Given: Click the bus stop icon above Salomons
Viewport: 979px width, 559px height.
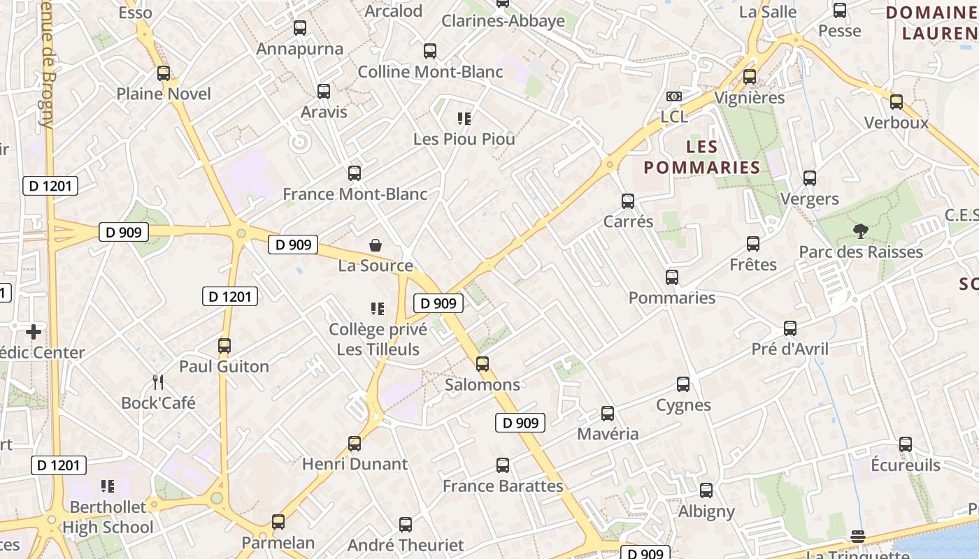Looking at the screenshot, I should (482, 364).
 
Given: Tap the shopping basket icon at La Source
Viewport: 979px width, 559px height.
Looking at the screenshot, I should (376, 245).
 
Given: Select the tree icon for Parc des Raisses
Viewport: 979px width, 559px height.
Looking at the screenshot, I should (860, 231).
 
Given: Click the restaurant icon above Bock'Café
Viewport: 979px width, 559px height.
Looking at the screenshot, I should (158, 382).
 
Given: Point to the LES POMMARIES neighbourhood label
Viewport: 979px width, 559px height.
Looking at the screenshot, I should (701, 157).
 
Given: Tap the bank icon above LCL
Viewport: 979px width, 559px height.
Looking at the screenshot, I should (674, 96).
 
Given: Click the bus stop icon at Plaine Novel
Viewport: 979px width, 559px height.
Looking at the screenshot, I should (164, 73).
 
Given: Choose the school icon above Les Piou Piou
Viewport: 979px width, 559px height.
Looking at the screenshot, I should (464, 118).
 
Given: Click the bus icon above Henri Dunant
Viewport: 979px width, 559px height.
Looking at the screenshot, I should (355, 444).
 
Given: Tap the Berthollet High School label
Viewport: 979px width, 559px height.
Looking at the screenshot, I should (108, 517).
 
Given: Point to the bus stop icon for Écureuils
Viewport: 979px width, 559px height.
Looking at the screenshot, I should (906, 444).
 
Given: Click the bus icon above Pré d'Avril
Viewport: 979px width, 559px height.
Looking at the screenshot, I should (790, 328).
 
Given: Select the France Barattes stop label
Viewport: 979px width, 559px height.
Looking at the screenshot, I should (503, 486).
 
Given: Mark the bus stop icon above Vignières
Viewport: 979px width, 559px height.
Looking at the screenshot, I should (750, 77).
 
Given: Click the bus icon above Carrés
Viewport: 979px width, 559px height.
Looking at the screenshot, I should (628, 201).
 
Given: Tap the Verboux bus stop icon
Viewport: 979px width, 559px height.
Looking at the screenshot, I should (896, 102).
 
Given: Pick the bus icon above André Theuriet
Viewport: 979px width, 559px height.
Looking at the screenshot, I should (406, 525).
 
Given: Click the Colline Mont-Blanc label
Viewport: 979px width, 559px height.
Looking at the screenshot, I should (430, 72).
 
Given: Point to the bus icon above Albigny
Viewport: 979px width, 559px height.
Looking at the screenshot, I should (706, 491).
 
